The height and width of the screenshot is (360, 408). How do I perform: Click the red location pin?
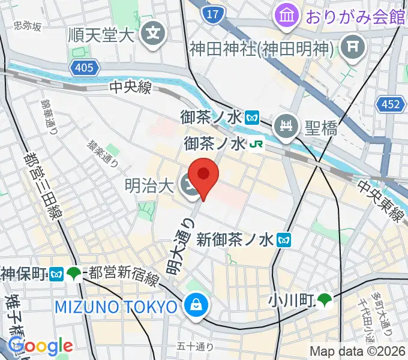point(203,175)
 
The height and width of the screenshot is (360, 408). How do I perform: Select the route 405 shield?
point(84,69)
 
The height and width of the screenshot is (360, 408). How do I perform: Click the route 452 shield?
point(390,105)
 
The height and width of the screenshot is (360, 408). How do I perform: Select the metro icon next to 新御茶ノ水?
point(284,241)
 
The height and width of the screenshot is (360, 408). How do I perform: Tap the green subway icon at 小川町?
point(325,298)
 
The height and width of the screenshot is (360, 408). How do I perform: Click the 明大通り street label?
point(178,246)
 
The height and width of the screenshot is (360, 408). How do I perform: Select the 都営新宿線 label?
point(124,275)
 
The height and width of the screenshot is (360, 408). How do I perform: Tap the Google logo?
point(40,346)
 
